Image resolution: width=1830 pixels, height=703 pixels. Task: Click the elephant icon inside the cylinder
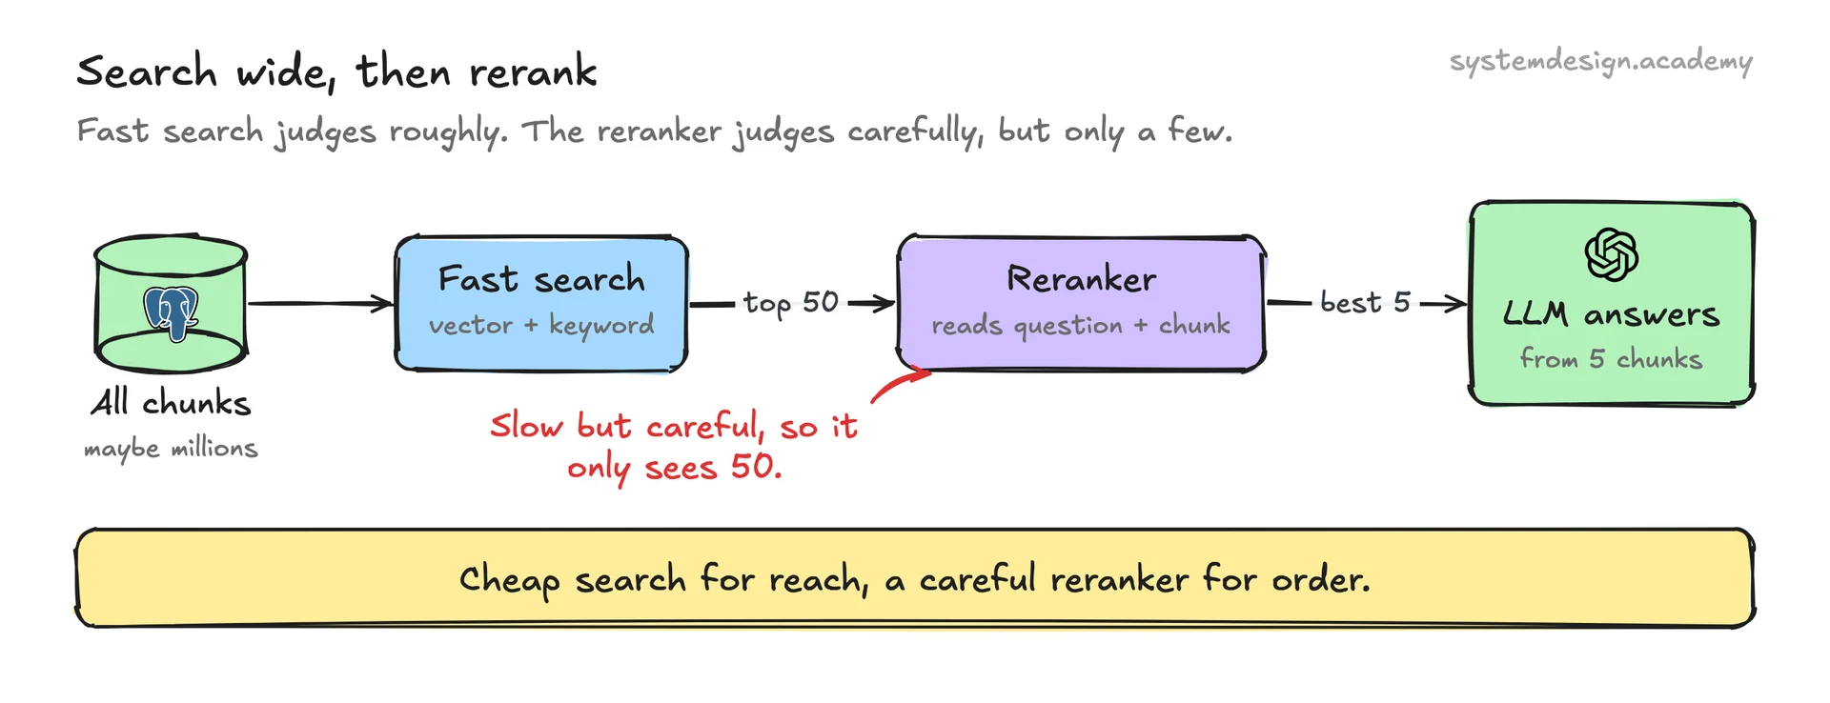[172, 313]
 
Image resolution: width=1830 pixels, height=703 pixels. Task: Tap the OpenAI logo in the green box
[1611, 254]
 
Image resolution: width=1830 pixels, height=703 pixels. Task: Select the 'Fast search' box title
[541, 279]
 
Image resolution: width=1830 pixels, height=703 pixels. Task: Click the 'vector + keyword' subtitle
[541, 325]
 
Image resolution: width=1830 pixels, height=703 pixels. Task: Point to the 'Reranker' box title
[1082, 279]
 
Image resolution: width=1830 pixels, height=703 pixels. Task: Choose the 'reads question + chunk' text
[1081, 326]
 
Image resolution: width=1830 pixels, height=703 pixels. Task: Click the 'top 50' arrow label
[791, 303]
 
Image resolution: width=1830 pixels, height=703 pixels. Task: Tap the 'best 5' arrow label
[1365, 302]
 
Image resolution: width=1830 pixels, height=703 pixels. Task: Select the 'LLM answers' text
[1611, 313]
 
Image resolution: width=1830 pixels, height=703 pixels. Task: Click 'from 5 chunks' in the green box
[1611, 358]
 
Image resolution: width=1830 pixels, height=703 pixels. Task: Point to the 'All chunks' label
[172, 402]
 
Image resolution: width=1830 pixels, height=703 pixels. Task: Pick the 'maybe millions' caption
[171, 448]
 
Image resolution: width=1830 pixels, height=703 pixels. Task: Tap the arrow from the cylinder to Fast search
[320, 304]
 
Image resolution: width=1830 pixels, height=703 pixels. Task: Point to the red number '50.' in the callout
[756, 467]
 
